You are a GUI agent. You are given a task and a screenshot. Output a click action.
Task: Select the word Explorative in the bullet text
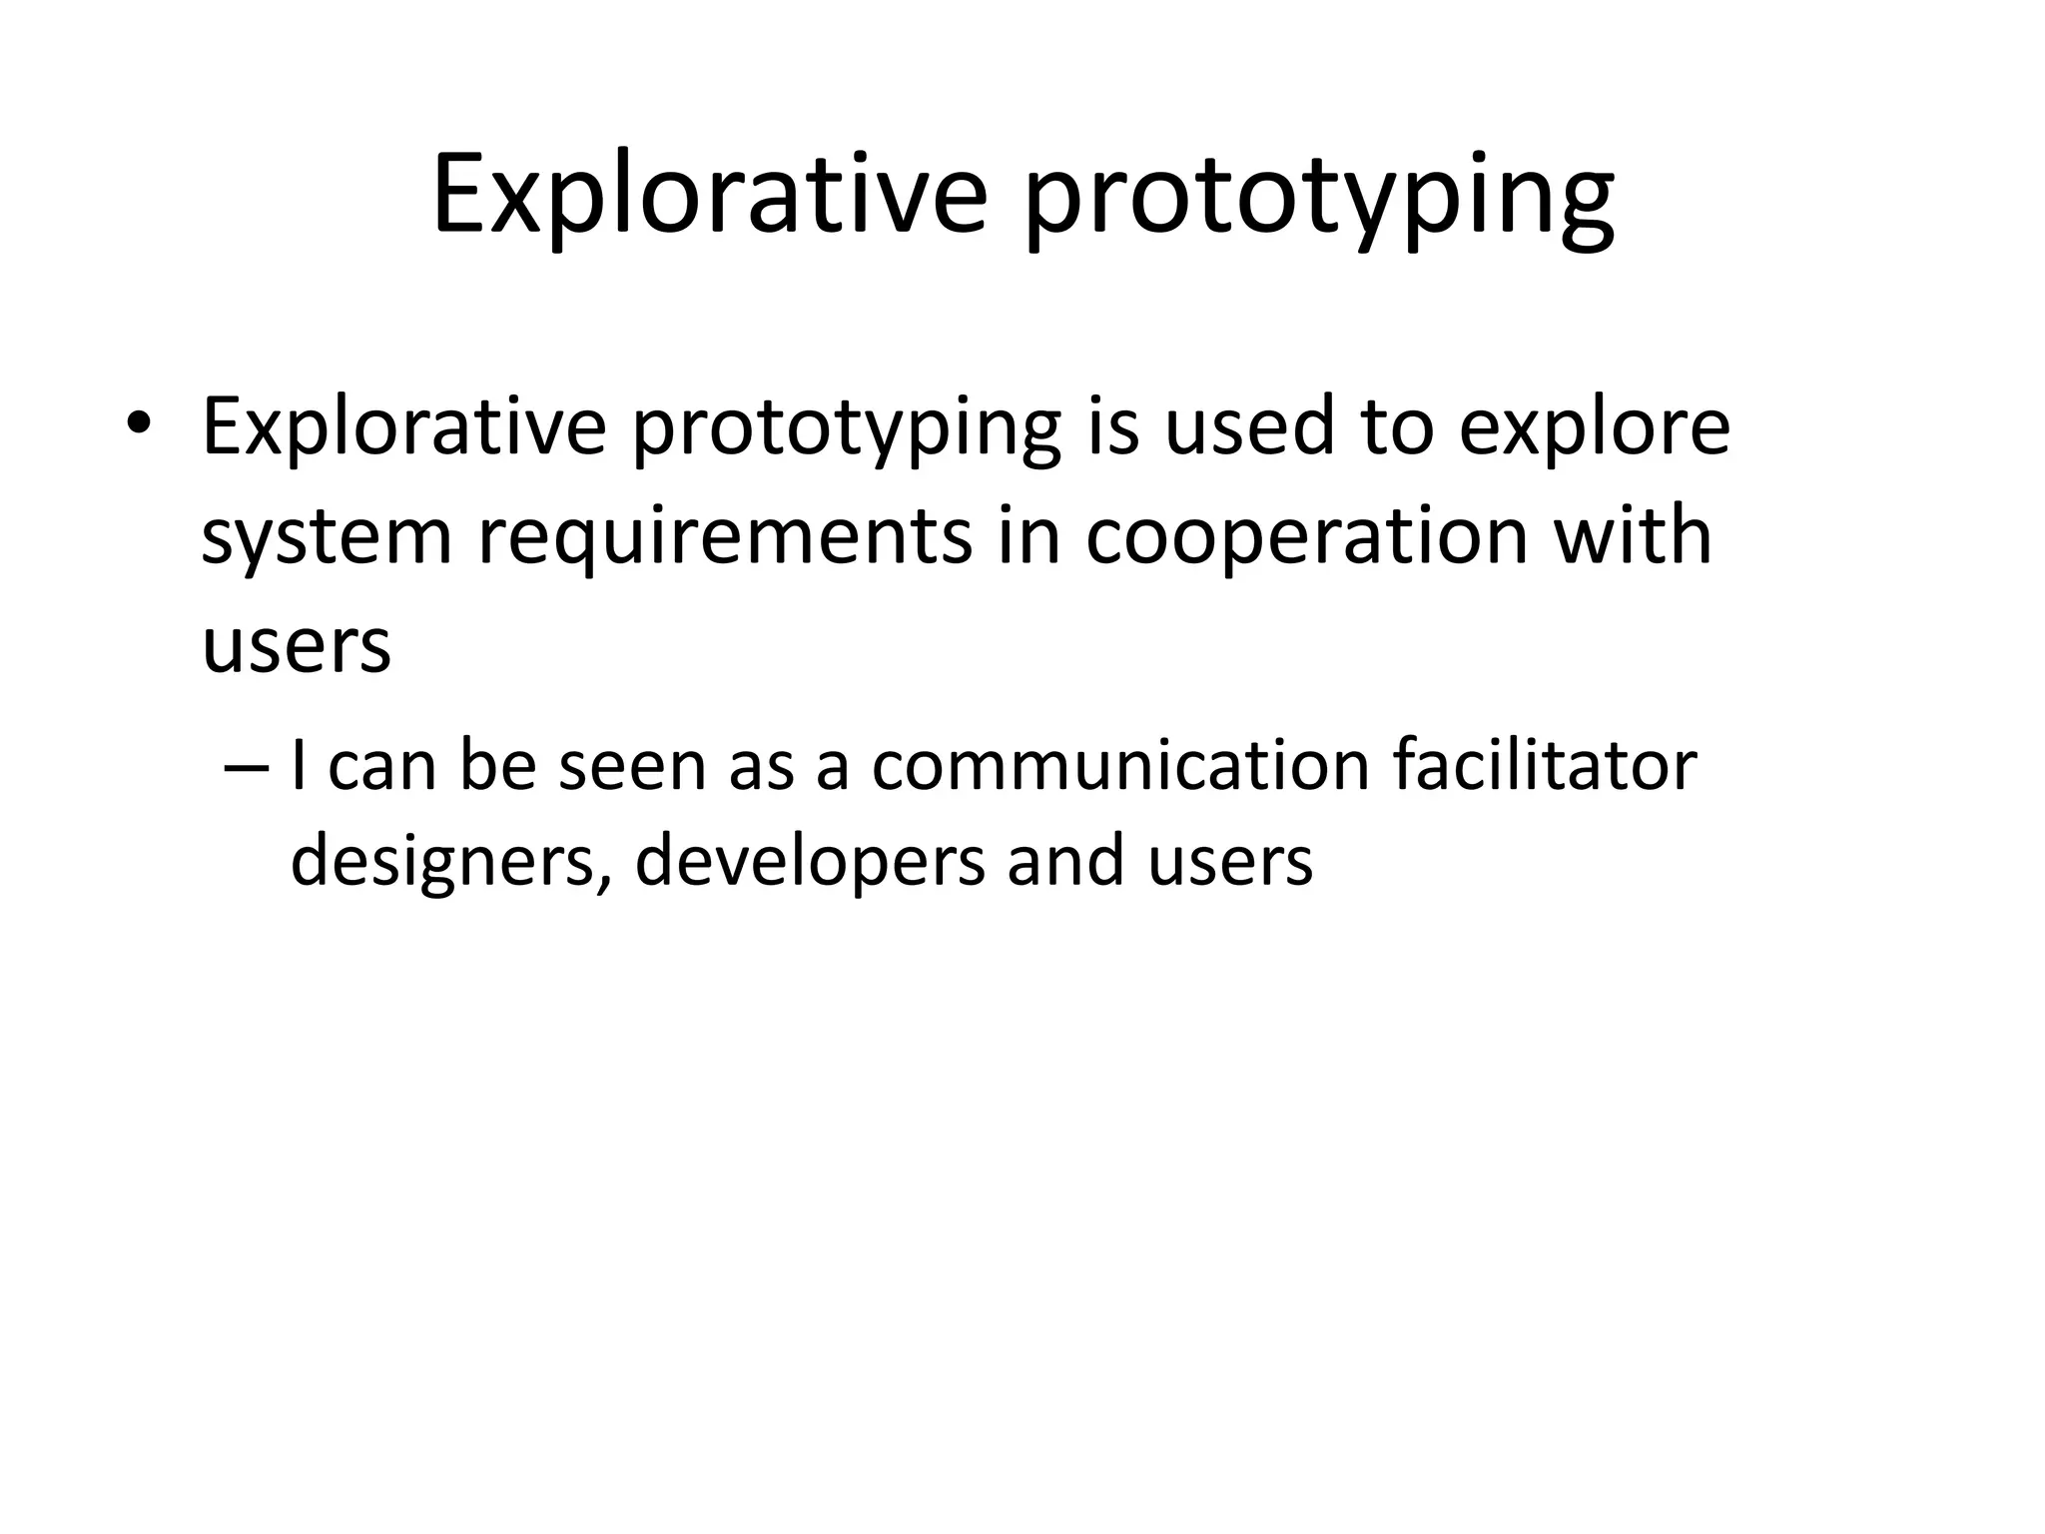tap(403, 426)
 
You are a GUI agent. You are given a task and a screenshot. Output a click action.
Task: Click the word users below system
tap(296, 646)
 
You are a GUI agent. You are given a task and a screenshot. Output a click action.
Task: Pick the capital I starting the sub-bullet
tap(299, 765)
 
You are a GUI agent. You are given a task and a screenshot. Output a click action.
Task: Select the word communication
tap(1119, 765)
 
